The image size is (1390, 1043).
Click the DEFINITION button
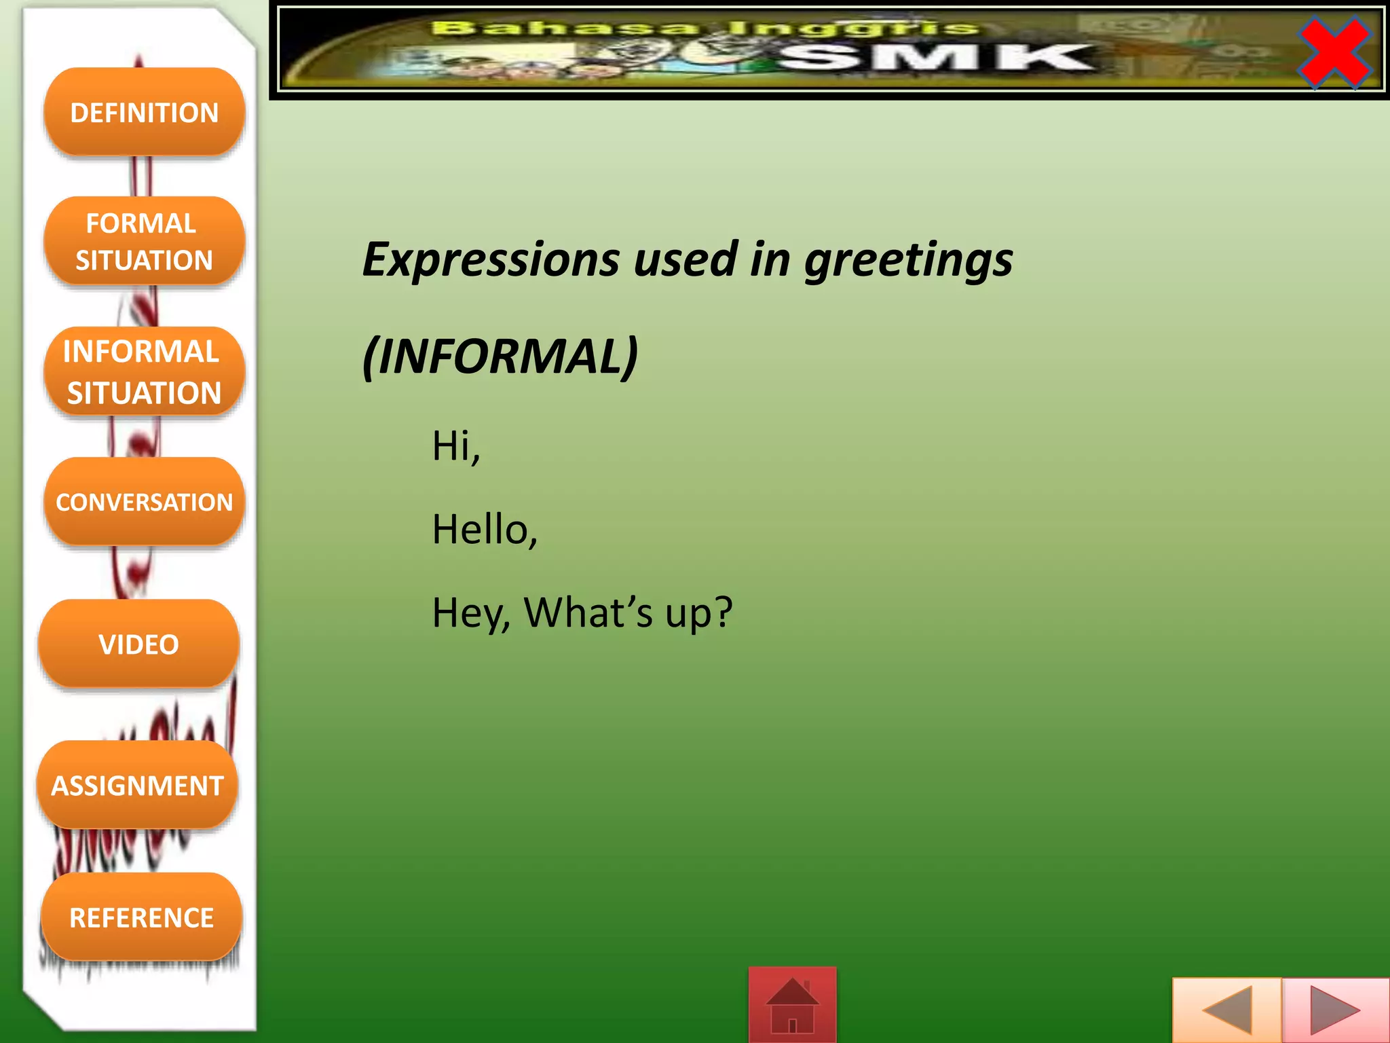[144, 112]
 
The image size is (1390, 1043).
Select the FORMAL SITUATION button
[144, 241]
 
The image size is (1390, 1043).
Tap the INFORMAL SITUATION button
[144, 371]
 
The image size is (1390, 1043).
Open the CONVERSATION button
[144, 502]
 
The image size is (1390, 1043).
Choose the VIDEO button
[139, 644]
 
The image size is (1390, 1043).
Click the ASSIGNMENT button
[138, 785]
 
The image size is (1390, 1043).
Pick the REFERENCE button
[142, 917]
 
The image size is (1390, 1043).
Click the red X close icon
[1334, 52]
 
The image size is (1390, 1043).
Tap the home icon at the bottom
[792, 1005]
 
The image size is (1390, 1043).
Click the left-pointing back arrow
[1227, 1010]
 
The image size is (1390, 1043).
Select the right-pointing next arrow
[1334, 1010]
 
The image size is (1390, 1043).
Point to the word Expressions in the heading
[491, 259]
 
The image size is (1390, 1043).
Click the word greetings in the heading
[908, 261]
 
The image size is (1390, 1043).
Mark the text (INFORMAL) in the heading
[500, 356]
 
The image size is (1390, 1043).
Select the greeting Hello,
[485, 530]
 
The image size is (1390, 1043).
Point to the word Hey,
[471, 612]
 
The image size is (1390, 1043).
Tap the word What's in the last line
[588, 612]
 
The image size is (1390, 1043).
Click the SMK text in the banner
[937, 58]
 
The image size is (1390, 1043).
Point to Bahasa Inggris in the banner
[706, 29]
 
